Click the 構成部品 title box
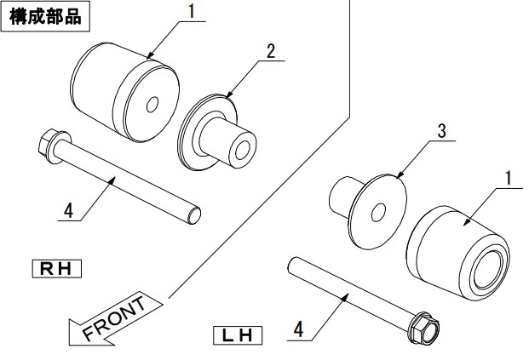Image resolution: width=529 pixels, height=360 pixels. pos(45,16)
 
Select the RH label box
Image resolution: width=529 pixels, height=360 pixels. pos(57,269)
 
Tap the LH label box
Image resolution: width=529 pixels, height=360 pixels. pos(238,335)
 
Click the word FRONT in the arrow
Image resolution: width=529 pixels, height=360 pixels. pos(114,318)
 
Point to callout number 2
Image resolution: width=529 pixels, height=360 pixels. pos(271,52)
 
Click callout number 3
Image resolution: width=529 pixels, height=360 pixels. pos(441,131)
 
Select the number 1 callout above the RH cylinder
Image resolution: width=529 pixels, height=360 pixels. pos(192,11)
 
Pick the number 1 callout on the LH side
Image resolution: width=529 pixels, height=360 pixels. pos(508,178)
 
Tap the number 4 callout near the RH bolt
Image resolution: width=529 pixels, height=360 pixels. pos(68,211)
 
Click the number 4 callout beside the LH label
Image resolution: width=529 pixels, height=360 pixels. pos(298,329)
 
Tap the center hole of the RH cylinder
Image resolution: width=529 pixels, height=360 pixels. pos(152,105)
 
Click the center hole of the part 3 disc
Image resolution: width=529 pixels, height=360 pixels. pos(378,213)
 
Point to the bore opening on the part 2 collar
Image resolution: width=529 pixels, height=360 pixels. pos(243,151)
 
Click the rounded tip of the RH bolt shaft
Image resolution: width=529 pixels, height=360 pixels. pos(194,215)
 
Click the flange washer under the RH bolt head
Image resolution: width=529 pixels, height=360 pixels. pos(60,147)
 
